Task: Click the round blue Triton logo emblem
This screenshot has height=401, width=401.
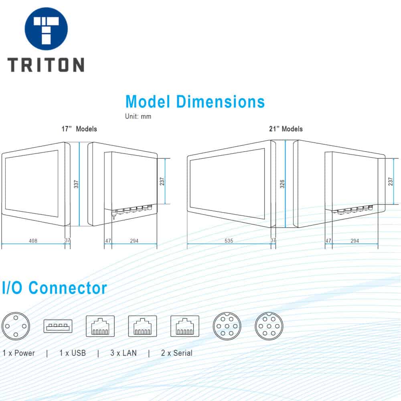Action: click(x=46, y=28)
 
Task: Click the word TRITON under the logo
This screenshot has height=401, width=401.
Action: click(x=46, y=65)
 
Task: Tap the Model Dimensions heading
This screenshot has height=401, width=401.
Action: click(x=195, y=101)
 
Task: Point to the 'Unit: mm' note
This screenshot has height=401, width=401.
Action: click(x=138, y=116)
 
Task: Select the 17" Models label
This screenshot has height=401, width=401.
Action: click(x=79, y=129)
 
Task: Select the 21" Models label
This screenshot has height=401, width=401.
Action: click(x=286, y=129)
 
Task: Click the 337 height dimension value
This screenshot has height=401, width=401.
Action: click(x=76, y=184)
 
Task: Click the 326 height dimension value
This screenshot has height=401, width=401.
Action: click(x=282, y=184)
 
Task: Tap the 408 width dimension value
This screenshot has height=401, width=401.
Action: click(x=33, y=241)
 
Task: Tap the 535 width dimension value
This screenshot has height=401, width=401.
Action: click(x=229, y=241)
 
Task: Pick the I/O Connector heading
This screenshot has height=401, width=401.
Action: click(x=55, y=288)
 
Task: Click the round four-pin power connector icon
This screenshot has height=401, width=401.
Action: click(x=16, y=326)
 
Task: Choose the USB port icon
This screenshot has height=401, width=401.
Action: click(x=58, y=326)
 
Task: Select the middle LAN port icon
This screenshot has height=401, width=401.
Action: click(x=142, y=326)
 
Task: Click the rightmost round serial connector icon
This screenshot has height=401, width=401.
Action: click(x=269, y=326)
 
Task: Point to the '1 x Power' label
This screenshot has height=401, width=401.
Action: click(x=19, y=353)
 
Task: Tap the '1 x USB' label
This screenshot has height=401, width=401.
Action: click(x=73, y=353)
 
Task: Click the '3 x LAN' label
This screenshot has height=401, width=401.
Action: click(x=124, y=353)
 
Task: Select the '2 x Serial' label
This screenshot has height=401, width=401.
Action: click(x=177, y=353)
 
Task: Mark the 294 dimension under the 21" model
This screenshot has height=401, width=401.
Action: click(x=355, y=241)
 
